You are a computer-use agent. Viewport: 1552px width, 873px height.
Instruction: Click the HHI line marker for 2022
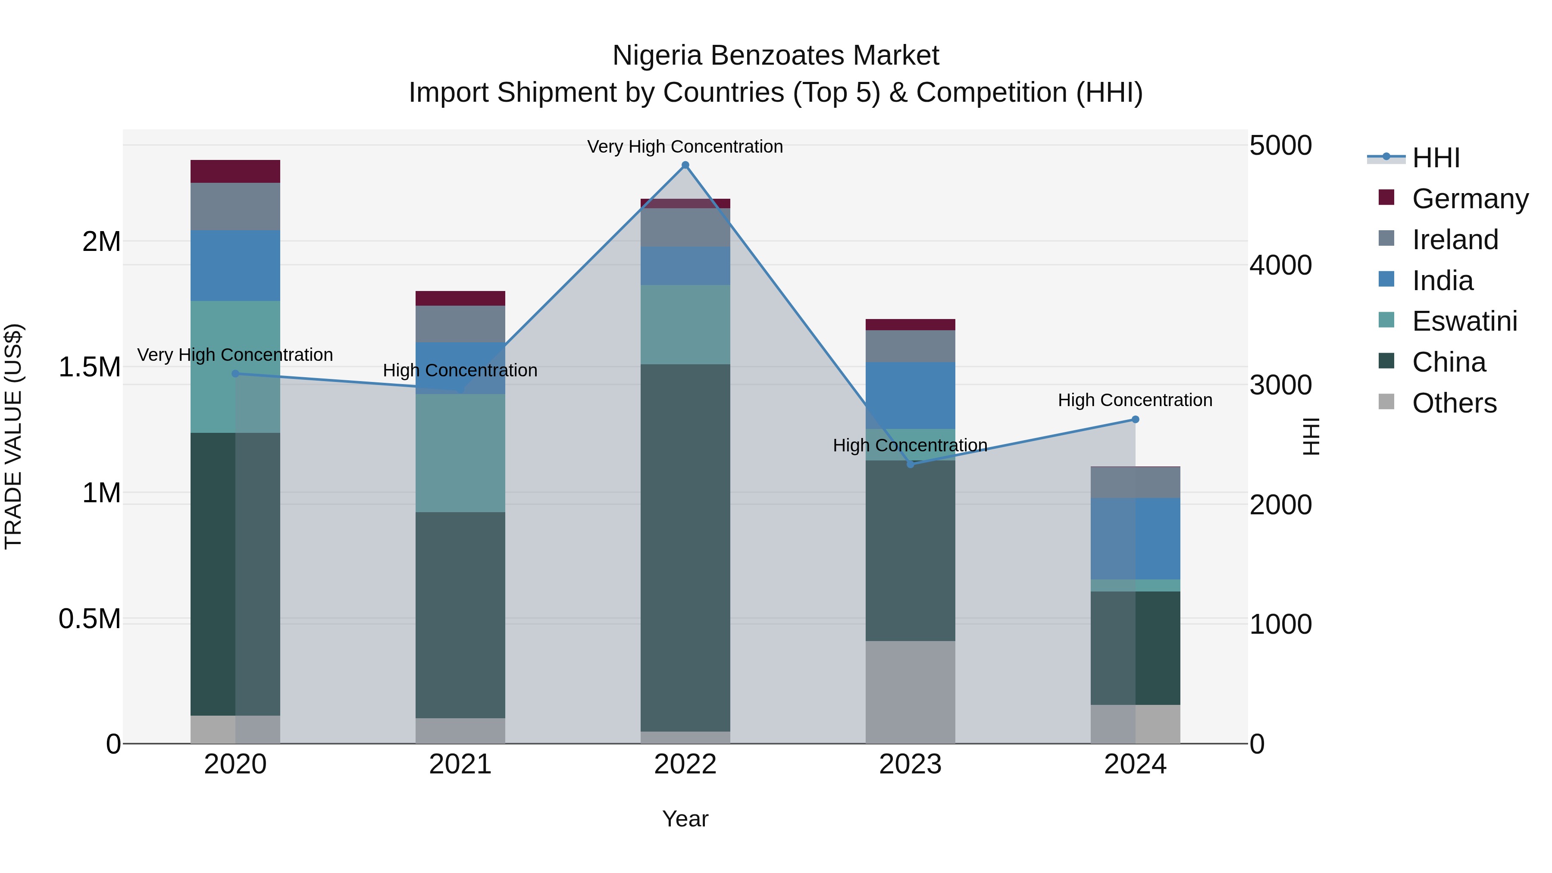(685, 165)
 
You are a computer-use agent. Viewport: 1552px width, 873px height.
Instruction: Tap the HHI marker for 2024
(1135, 419)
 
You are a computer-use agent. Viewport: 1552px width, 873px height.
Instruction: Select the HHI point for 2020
(235, 373)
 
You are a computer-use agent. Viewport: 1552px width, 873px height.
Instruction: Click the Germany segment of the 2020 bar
(235, 172)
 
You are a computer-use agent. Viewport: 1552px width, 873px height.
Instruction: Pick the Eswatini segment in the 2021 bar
(460, 453)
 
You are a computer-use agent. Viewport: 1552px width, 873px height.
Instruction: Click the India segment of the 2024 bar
(1135, 538)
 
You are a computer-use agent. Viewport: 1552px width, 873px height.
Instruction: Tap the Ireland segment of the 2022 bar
(685, 228)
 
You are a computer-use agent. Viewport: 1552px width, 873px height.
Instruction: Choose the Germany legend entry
(1470, 199)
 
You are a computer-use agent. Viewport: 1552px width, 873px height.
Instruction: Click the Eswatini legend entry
(1464, 321)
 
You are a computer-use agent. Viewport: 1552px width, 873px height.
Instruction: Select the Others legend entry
(1454, 403)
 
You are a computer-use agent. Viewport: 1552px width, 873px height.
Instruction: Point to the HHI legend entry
(1436, 158)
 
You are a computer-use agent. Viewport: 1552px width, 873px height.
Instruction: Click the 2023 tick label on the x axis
(911, 764)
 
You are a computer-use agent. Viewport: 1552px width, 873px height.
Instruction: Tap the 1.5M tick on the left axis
(90, 367)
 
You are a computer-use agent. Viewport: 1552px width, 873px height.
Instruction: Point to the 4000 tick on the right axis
(1280, 265)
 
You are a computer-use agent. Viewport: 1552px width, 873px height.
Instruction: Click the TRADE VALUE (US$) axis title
(13, 436)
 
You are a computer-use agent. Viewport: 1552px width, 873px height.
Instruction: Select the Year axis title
(685, 819)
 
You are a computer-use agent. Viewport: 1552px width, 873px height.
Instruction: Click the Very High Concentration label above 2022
(685, 147)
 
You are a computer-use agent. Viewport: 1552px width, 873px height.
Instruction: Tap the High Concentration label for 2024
(1135, 400)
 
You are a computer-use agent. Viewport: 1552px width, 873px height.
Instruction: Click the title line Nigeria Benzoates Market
(776, 56)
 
